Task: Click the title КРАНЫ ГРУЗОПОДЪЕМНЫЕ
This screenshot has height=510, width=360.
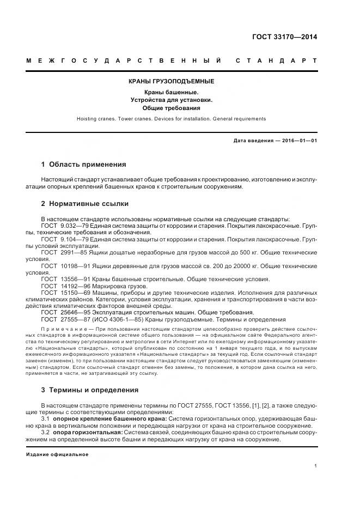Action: point(171,81)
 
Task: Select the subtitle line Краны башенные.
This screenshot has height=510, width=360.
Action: point(171,92)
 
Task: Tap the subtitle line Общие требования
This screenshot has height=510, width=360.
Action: point(171,108)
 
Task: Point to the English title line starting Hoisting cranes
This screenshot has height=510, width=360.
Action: point(171,118)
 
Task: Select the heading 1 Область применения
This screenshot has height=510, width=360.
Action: point(83,164)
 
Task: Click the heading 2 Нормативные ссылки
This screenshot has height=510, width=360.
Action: point(84,204)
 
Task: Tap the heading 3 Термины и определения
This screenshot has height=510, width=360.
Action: point(89,390)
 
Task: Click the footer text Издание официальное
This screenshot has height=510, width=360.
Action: point(57,454)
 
